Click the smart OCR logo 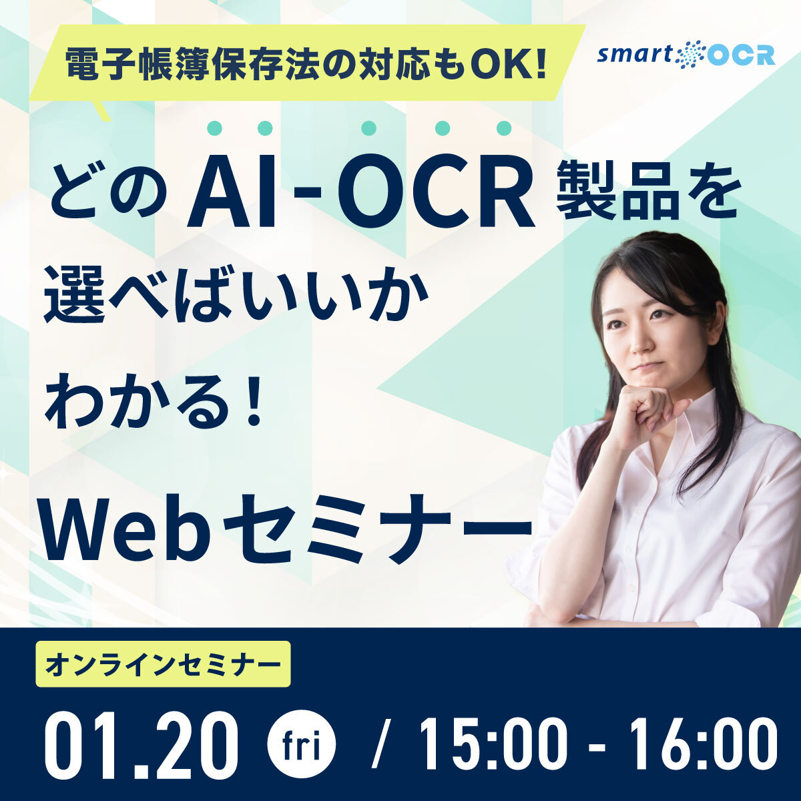click(x=686, y=54)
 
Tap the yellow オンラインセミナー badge click(x=163, y=664)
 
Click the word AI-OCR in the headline click(x=360, y=194)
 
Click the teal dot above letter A click(x=216, y=127)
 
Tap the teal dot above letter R click(x=505, y=127)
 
